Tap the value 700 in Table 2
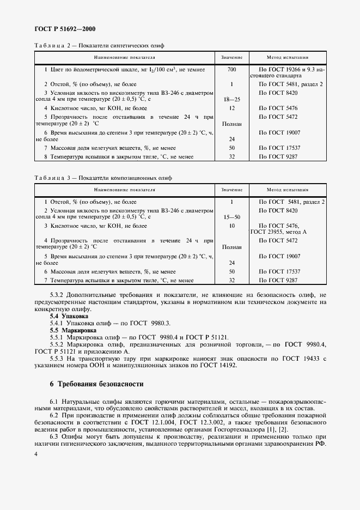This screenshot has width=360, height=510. (231, 70)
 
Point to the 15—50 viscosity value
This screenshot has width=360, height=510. (231, 217)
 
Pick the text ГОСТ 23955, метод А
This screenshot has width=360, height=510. (278, 232)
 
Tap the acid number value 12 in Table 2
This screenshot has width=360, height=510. (231, 108)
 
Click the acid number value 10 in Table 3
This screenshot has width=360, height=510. (231, 225)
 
